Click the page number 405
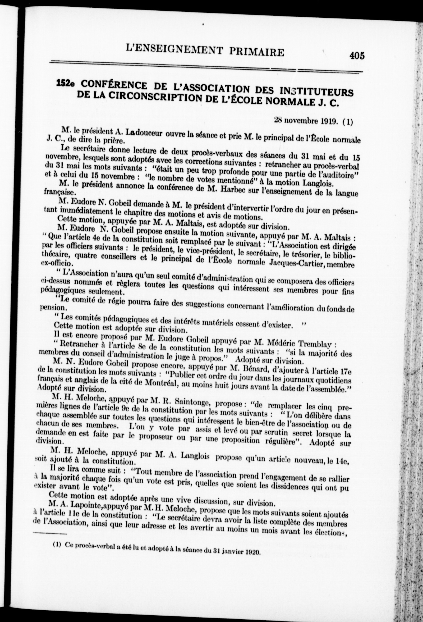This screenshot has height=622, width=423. coord(357,56)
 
